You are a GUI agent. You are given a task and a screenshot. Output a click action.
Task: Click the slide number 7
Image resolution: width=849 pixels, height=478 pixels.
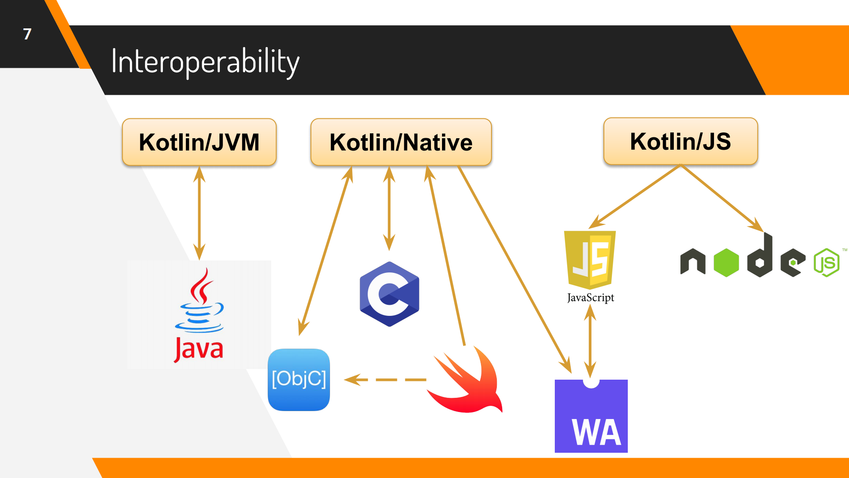tap(27, 34)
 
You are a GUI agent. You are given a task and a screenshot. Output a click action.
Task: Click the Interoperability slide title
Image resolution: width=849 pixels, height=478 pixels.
tap(205, 62)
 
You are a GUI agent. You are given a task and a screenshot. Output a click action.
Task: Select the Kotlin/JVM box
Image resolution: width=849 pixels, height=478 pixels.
tap(199, 142)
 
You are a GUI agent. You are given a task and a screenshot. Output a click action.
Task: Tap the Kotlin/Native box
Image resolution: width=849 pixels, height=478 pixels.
tap(401, 142)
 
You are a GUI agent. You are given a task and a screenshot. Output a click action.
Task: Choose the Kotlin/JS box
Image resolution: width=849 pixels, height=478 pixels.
tap(680, 141)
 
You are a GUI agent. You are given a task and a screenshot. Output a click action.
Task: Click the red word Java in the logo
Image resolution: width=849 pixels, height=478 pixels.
tap(199, 350)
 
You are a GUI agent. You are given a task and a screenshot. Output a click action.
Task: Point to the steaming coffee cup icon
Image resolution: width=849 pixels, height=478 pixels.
tap(200, 301)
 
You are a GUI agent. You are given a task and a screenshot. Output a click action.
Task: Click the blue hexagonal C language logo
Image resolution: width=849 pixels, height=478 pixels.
tap(389, 294)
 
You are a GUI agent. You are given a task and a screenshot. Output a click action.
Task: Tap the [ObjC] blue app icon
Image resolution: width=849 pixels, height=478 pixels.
tap(299, 380)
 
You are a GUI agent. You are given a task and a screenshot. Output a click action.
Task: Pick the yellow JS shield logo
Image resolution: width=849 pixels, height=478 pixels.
tap(590, 259)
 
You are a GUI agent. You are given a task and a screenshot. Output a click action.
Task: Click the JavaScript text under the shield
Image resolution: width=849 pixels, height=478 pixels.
tap(590, 298)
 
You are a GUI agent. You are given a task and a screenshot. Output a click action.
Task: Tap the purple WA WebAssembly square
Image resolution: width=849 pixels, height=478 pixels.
tap(591, 416)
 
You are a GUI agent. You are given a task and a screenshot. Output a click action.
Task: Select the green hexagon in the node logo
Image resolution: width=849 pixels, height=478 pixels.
tap(726, 263)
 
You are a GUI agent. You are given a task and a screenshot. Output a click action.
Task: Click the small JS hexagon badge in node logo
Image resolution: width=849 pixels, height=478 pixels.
tap(826, 263)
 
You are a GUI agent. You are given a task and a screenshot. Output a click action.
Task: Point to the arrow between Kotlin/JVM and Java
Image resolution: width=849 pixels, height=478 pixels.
tap(199, 213)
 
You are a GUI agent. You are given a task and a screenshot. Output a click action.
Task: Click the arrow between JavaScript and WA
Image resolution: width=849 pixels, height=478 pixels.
tap(590, 341)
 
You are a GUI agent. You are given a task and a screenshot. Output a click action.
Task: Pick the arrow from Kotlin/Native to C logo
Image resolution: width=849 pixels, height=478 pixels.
tap(389, 208)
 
